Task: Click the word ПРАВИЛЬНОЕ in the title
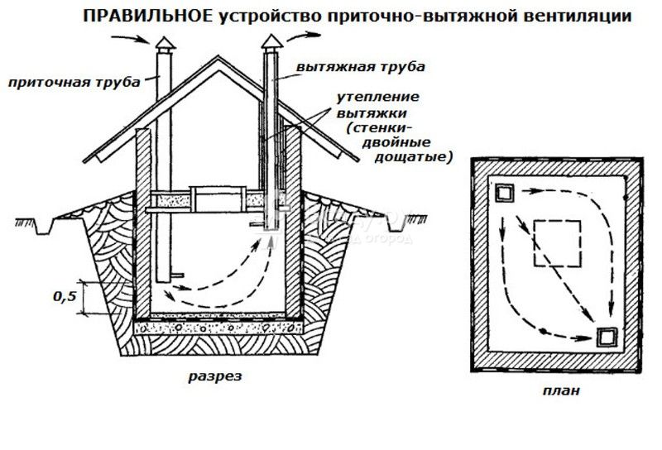coord(149,17)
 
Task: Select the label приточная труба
coord(74,83)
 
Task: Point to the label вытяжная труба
coord(361,67)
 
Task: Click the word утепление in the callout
coord(378,97)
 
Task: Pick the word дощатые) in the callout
coord(413,157)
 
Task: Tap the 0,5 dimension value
coord(65,297)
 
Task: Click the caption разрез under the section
coord(215,376)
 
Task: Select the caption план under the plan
coord(561,391)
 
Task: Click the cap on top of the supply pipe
coord(165,44)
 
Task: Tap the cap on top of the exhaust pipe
coord(271,42)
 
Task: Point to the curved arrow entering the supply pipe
coord(130,39)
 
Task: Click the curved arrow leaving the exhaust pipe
coord(303,36)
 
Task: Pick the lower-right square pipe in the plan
coord(607,337)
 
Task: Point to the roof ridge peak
coord(218,57)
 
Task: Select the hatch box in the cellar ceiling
coord(218,199)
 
